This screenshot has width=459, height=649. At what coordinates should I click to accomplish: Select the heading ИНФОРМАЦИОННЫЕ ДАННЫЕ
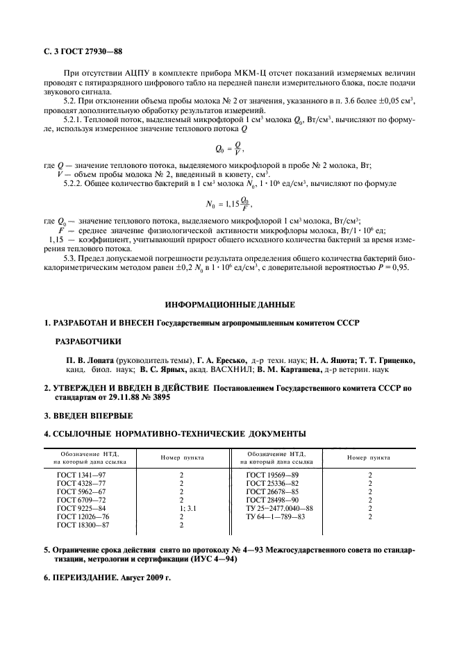click(229, 305)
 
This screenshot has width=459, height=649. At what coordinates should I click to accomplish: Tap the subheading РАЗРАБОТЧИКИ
click(87, 341)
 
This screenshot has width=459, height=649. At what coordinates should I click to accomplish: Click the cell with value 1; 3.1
click(181, 508)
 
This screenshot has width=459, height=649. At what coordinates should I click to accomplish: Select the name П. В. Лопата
click(90, 360)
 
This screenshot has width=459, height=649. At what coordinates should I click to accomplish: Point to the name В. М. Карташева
click(281, 370)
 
